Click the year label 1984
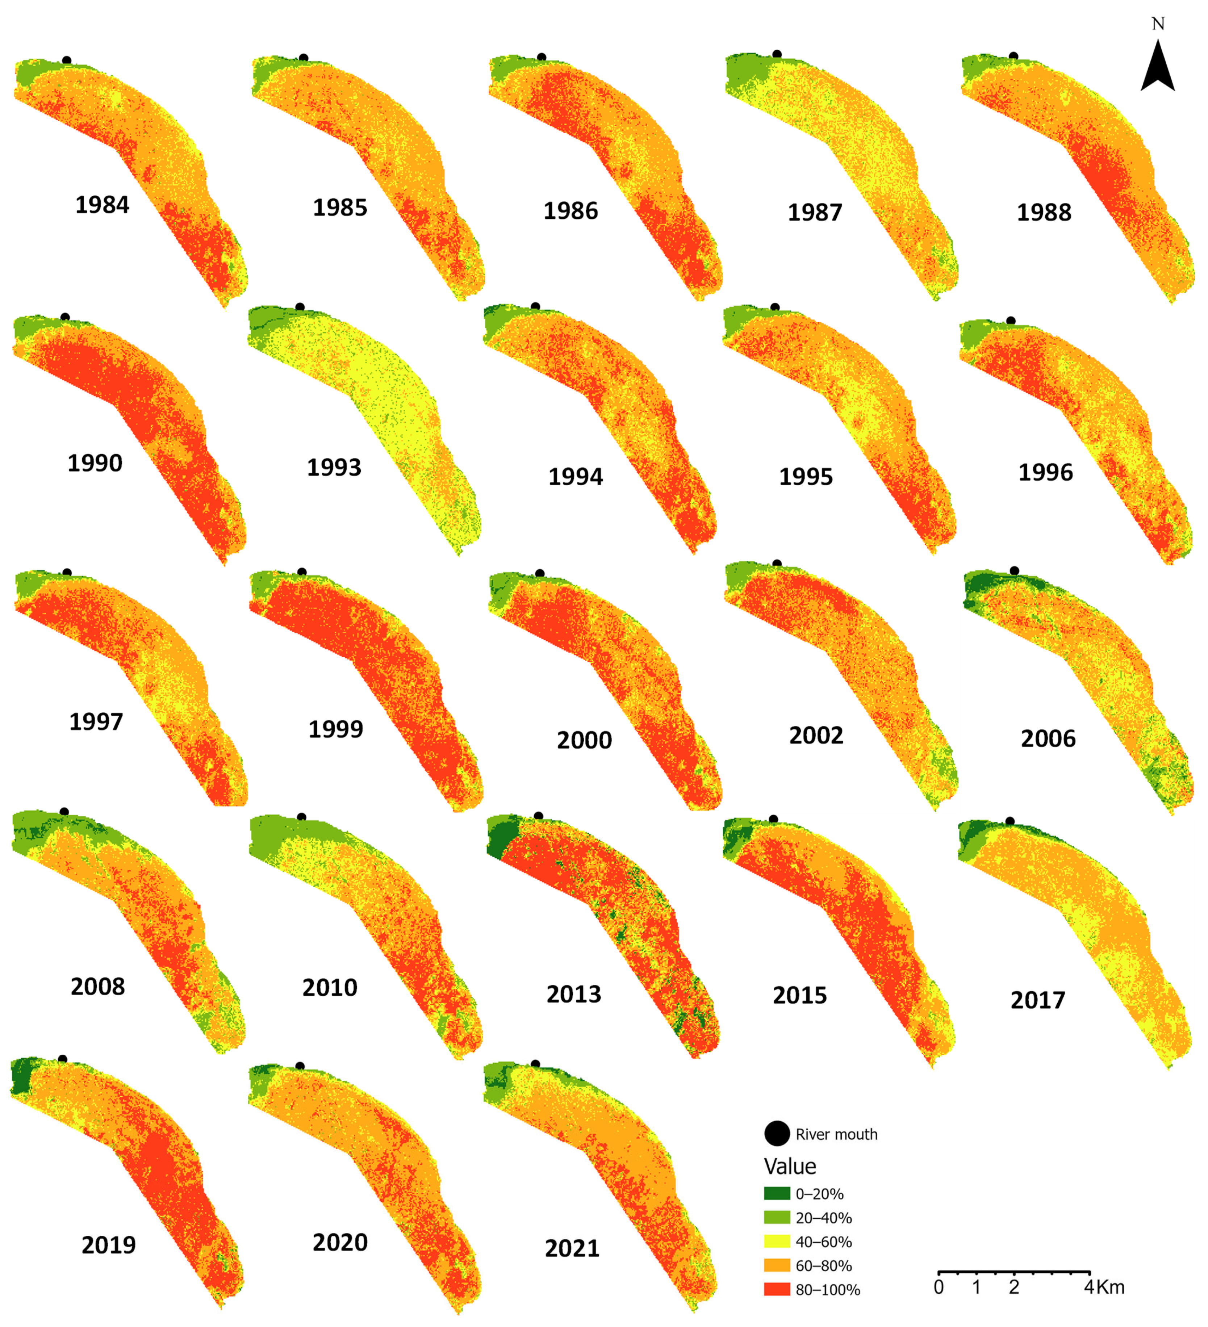(x=102, y=205)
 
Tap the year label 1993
(x=334, y=467)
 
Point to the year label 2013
(x=573, y=994)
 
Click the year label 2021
(x=572, y=1248)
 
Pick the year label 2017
(x=1037, y=1000)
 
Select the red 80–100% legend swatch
(x=777, y=1289)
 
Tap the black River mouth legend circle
(x=777, y=1134)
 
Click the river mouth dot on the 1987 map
(x=777, y=54)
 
